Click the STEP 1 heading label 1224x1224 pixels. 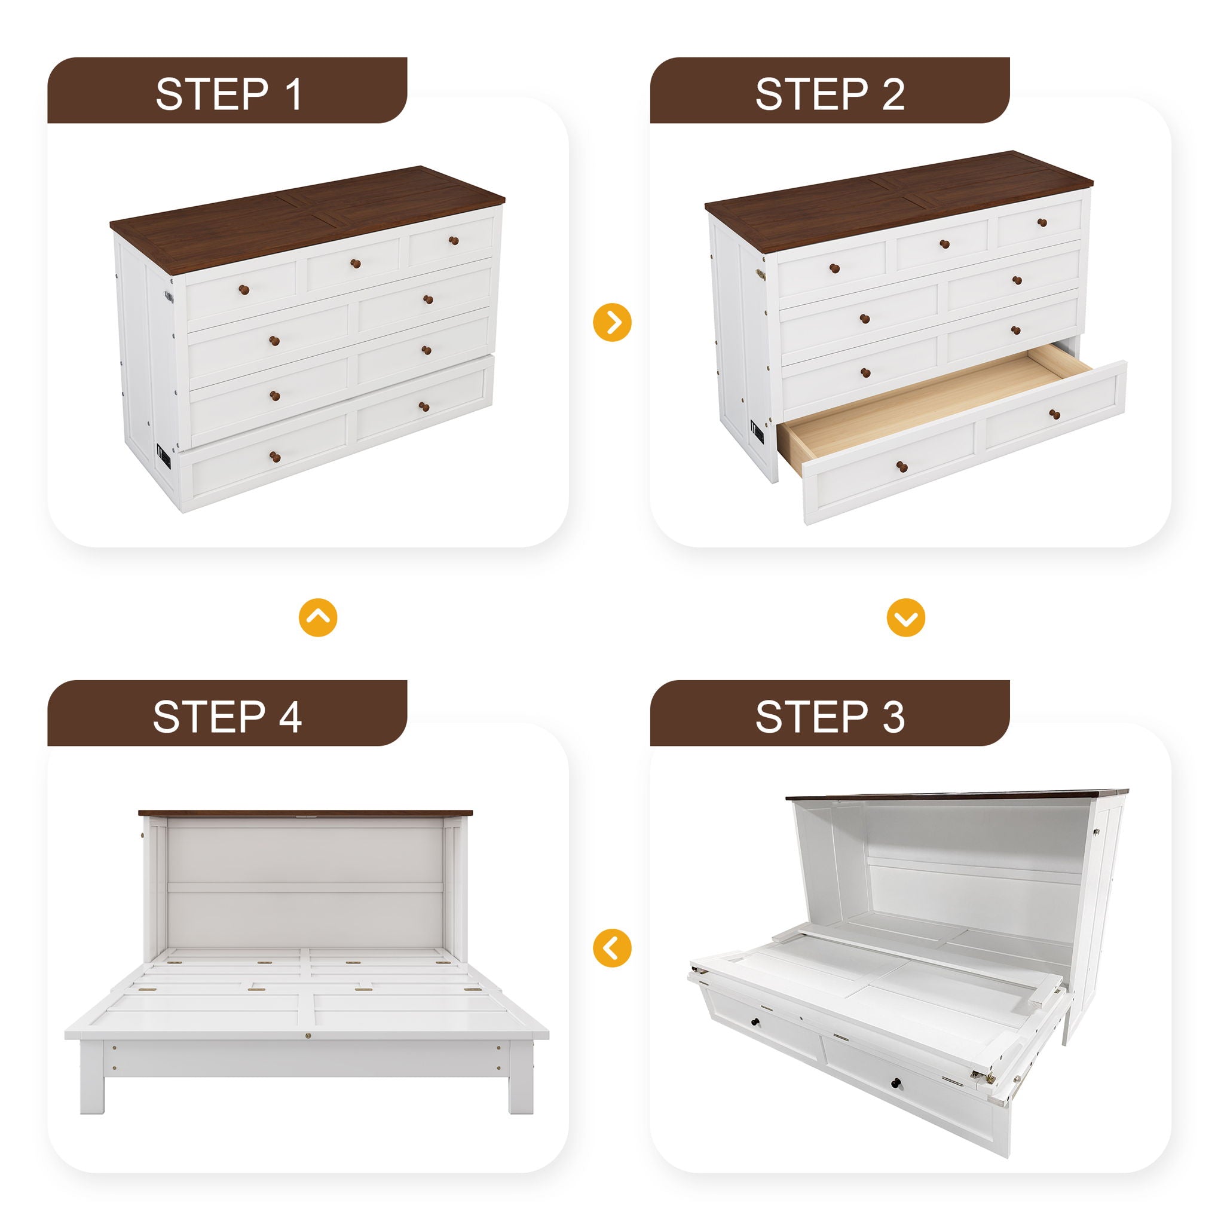[x=228, y=94]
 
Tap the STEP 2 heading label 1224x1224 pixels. [x=830, y=94]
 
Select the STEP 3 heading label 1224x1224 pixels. [x=830, y=717]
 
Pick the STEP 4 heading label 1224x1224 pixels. [x=227, y=717]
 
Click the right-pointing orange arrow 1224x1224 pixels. [x=612, y=323]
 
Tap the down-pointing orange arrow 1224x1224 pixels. [x=906, y=617]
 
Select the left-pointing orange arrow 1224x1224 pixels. [x=612, y=948]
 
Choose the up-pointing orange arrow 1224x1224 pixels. [x=318, y=617]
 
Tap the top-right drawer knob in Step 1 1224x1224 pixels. [x=453, y=241]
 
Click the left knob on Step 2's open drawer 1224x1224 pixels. [x=902, y=467]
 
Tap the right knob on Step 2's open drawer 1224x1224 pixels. [x=1055, y=414]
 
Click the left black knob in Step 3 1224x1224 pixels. [x=756, y=1022]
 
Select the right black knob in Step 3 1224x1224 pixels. [x=897, y=1081]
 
